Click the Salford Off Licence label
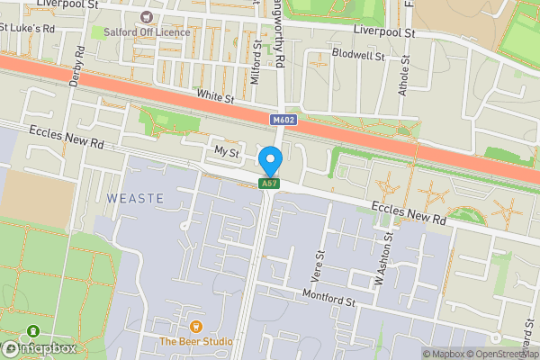tap(146, 32)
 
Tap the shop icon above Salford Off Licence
tap(147, 17)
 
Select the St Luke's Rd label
tap(27, 29)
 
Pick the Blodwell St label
tap(357, 55)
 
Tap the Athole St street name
tap(404, 77)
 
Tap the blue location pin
tap(269, 161)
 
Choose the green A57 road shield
tap(267, 184)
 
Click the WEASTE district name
tap(135, 197)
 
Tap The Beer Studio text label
tap(195, 341)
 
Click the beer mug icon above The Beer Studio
tap(195, 326)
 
